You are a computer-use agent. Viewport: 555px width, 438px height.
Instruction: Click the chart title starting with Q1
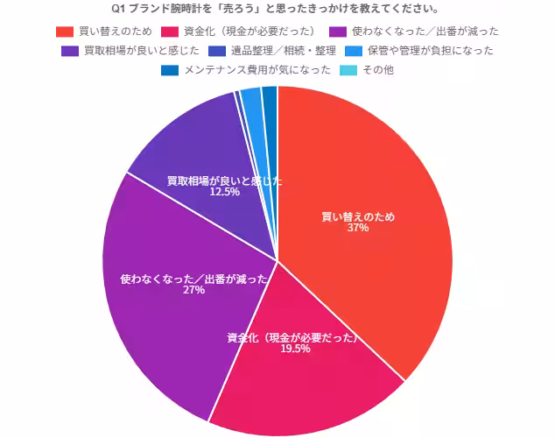pyautogui.click(x=277, y=10)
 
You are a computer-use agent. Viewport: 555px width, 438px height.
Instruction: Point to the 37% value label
pyautogui.click(x=357, y=228)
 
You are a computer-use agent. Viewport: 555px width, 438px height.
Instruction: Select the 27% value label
pyautogui.click(x=193, y=290)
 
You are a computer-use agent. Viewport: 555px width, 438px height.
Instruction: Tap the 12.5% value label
pyautogui.click(x=224, y=191)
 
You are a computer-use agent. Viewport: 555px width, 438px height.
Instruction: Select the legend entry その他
pyautogui.click(x=378, y=69)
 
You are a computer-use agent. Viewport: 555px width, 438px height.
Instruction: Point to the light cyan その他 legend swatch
pyautogui.click(x=346, y=69)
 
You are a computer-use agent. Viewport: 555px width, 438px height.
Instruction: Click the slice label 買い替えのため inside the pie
pyautogui.click(x=357, y=216)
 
